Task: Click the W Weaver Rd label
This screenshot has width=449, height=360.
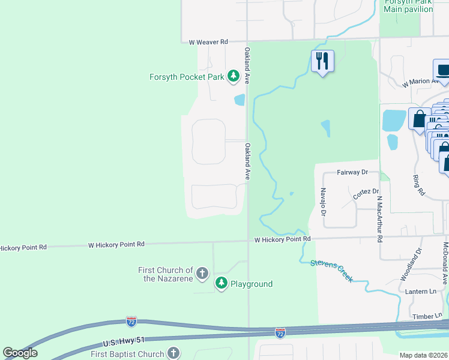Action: [208, 42]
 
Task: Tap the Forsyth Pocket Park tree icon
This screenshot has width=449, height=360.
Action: [233, 76]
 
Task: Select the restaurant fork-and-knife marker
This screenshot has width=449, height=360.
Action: [322, 61]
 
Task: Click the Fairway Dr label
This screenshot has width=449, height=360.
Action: [352, 172]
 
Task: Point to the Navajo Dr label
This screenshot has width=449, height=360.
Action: [323, 202]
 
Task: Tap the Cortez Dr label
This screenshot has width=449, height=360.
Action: [366, 194]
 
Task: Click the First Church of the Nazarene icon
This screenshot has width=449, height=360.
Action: [202, 274]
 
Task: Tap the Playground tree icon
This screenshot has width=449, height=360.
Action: [221, 283]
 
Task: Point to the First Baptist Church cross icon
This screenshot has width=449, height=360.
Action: [173, 353]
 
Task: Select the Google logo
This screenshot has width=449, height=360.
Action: [20, 353]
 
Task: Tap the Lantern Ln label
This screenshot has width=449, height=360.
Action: [424, 291]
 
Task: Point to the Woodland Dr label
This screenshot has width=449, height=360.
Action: [411, 265]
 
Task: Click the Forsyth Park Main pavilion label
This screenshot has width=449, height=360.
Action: [408, 5]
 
